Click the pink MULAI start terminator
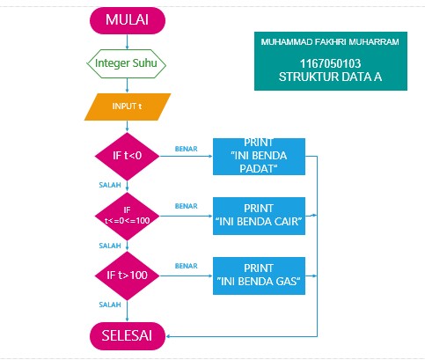127,20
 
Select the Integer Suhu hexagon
127,63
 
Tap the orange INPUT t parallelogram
127,107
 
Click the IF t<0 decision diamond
127,155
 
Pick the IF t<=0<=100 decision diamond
127,215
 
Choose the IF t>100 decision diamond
127,276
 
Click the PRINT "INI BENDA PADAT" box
259,157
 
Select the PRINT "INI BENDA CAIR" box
259,215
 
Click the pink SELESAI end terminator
127,335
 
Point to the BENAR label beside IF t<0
186,147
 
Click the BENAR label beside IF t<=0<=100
186,206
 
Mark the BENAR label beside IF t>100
186,265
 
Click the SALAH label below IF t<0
110,186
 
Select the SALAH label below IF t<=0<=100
110,246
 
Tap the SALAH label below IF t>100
110,305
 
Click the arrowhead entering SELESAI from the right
171,335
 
